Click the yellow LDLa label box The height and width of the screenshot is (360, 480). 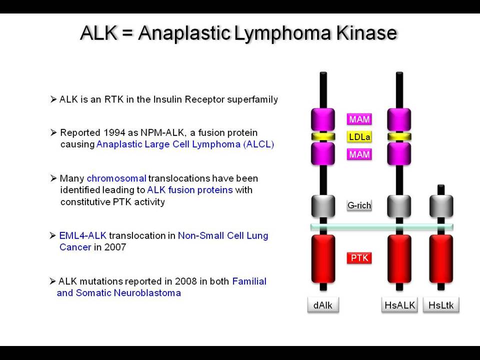pos(359,136)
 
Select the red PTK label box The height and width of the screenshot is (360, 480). pos(359,258)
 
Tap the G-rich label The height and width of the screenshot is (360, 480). pos(359,205)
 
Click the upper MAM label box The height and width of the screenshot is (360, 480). pos(359,119)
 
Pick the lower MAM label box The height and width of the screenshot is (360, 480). pos(359,154)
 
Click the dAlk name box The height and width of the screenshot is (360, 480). pos(323,305)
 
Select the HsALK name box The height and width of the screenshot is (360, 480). pos(399,305)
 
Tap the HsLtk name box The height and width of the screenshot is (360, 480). pos(441,305)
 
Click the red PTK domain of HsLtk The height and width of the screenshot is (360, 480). pos(441,259)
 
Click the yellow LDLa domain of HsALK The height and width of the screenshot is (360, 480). pos(399,136)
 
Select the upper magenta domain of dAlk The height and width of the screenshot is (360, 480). pos(323,119)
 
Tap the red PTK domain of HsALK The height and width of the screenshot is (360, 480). pos(399,259)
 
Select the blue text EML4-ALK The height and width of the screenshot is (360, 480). pos(82,235)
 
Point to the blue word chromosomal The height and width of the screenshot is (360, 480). pos(116,178)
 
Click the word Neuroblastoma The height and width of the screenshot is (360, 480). pos(147,293)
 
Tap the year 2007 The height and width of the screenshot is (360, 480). pos(115,247)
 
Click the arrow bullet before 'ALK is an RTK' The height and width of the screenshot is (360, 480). pos(53,99)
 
